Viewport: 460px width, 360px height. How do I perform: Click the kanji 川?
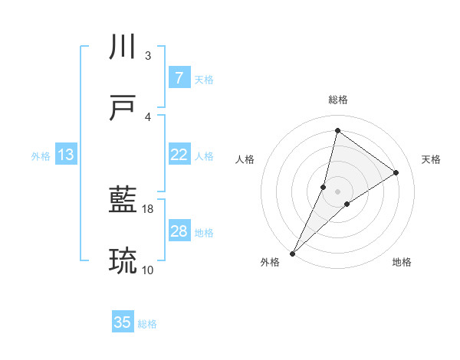(123, 47)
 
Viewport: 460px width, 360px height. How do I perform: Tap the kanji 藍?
(123, 201)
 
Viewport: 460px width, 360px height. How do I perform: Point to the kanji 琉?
(123, 262)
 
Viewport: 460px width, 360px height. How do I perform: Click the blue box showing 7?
(179, 78)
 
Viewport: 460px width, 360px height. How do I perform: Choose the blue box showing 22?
(179, 155)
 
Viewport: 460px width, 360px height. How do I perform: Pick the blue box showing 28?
(179, 231)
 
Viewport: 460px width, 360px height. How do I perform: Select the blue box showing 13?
(66, 155)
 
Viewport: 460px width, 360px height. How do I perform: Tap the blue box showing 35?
(123, 322)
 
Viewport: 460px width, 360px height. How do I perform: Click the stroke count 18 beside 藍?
(149, 208)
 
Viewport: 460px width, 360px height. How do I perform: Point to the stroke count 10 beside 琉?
(148, 270)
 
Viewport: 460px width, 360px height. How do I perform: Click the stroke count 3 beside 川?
(148, 55)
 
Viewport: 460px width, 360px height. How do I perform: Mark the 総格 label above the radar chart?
(337, 100)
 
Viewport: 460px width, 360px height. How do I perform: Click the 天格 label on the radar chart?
(431, 159)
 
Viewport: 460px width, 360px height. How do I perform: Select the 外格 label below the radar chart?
(270, 262)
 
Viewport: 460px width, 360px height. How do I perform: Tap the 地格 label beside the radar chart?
(402, 262)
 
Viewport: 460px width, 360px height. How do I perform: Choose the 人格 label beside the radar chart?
(245, 159)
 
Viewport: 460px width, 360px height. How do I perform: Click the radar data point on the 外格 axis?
(292, 253)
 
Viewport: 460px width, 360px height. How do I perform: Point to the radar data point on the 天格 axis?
(396, 172)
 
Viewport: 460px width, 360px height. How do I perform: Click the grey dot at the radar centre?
(337, 191)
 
